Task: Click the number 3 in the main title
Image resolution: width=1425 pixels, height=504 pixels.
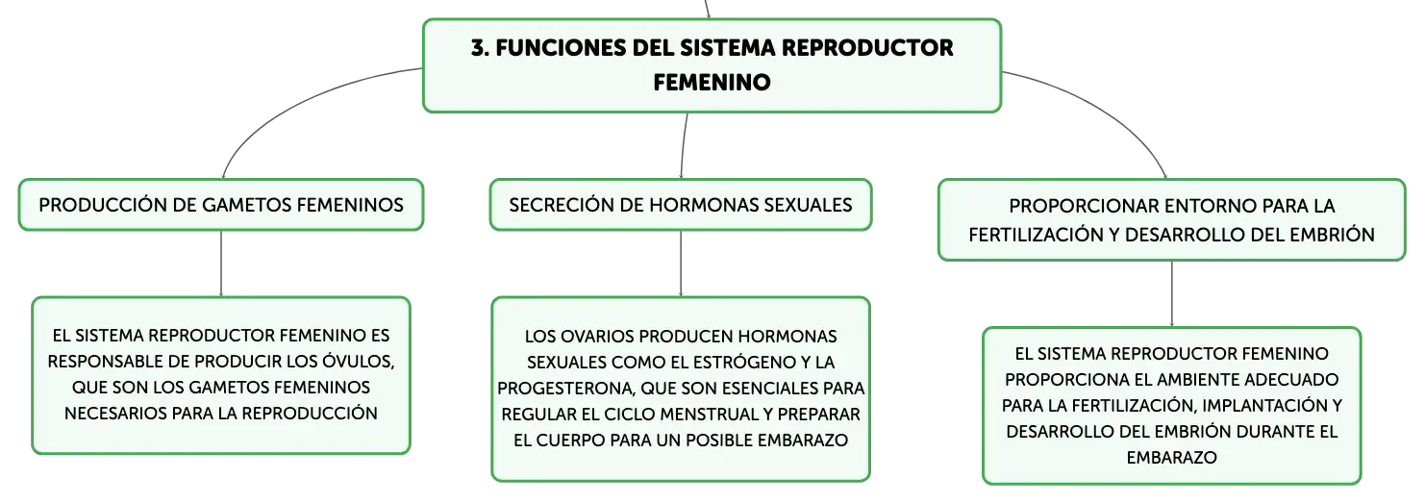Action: [x=479, y=48]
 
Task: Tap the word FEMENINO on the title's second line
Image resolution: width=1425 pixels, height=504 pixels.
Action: [x=712, y=82]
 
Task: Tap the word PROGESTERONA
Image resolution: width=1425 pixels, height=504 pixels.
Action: [x=566, y=389]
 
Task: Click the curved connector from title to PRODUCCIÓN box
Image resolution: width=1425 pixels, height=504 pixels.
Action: [x=299, y=102]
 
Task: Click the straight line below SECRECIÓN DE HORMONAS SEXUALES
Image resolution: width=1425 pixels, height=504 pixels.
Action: [x=681, y=264]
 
